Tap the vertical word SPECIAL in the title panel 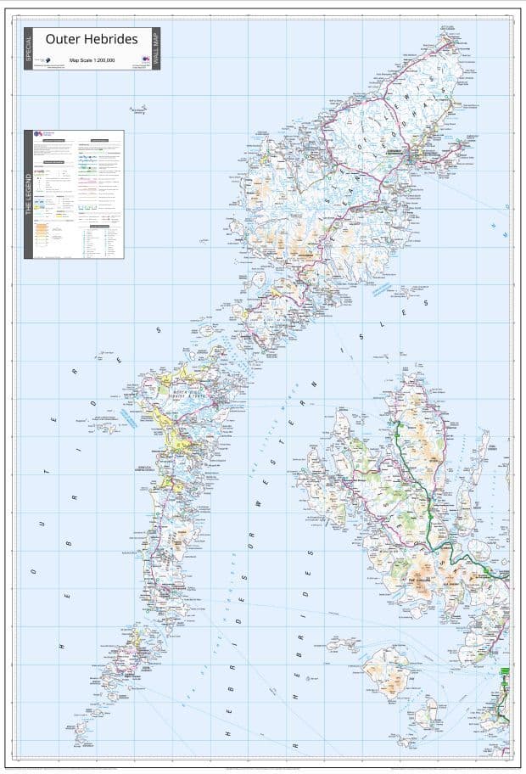tap(29, 48)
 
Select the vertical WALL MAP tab tap(156, 48)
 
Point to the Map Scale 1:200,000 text tap(92, 59)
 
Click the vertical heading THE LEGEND tap(29, 195)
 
